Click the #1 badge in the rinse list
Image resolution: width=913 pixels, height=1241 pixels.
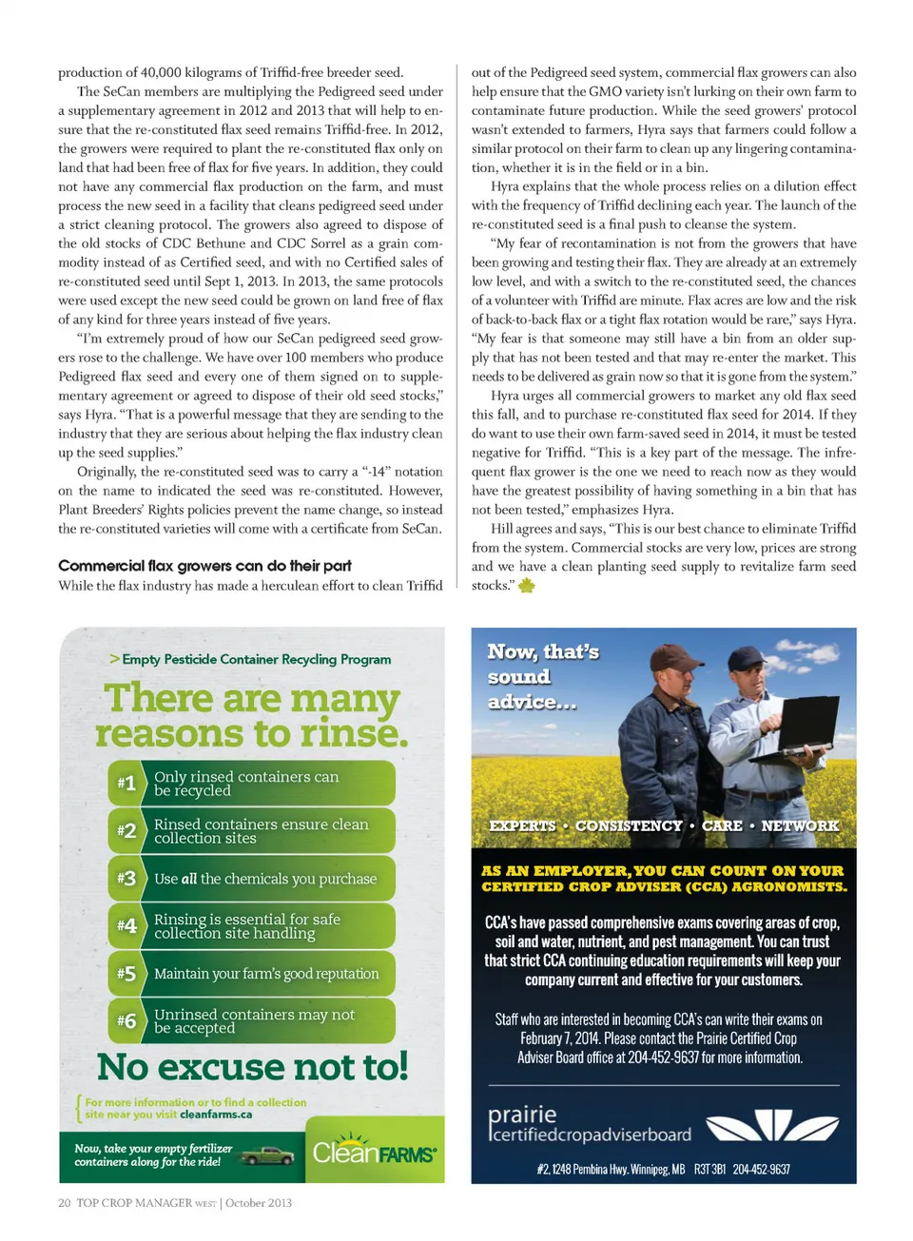[x=126, y=784]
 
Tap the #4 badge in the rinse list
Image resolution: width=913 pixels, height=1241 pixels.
[x=126, y=926]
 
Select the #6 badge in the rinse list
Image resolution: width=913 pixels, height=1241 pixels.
[x=126, y=1021]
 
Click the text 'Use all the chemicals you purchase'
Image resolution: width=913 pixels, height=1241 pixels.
[x=265, y=879]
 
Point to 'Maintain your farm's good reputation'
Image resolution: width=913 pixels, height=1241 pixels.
[x=266, y=974]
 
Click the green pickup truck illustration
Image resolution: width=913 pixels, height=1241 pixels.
[x=267, y=1155]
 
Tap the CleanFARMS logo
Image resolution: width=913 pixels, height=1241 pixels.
[x=375, y=1153]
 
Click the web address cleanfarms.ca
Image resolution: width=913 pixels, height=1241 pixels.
[x=216, y=1115]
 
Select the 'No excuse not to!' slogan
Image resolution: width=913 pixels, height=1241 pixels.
[x=253, y=1067]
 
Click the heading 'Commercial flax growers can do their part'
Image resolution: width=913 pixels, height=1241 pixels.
[x=204, y=566]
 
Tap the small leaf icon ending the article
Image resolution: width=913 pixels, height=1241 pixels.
[x=526, y=586]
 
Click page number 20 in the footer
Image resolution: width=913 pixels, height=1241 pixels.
[x=65, y=1203]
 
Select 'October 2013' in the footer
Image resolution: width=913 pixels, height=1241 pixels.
[x=259, y=1203]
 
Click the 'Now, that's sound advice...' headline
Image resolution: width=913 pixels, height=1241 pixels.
[x=543, y=676]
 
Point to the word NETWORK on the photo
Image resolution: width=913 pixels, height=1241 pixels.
[x=800, y=825]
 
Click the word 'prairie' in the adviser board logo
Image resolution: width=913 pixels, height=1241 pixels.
[x=522, y=1115]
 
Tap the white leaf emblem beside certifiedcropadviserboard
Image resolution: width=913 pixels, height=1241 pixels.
[x=772, y=1126]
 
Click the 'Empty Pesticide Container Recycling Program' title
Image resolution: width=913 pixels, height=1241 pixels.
[x=256, y=659]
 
